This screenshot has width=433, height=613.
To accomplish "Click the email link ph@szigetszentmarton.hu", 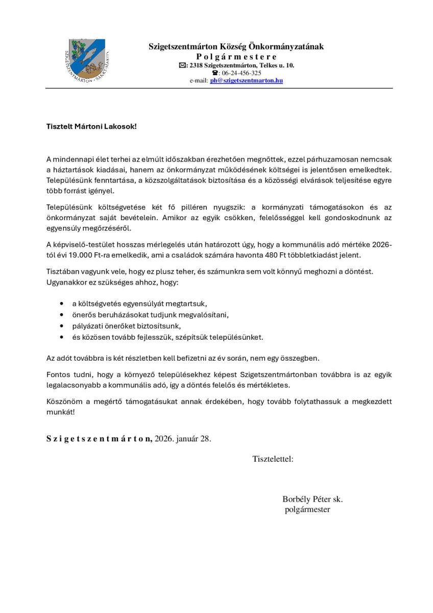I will click(x=246, y=81).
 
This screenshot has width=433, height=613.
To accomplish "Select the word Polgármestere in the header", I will click(x=236, y=57).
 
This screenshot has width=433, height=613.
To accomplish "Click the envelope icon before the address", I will click(x=182, y=65).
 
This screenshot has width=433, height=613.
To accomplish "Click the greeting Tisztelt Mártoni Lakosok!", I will click(x=91, y=125).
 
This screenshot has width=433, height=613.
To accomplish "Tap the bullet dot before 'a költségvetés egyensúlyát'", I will click(x=62, y=302).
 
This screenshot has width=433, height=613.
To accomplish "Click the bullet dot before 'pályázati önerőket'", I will click(x=62, y=325).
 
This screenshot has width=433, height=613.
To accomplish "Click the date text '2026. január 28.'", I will click(x=183, y=439).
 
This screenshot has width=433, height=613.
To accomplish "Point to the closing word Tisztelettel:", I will click(x=273, y=459).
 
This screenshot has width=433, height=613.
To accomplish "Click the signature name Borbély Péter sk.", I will click(x=312, y=499).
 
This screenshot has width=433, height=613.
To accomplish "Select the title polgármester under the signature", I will click(x=307, y=509).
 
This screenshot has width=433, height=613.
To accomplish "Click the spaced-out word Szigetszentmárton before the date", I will click(x=99, y=439).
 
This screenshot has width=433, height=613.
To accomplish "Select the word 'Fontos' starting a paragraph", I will click(x=58, y=374).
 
